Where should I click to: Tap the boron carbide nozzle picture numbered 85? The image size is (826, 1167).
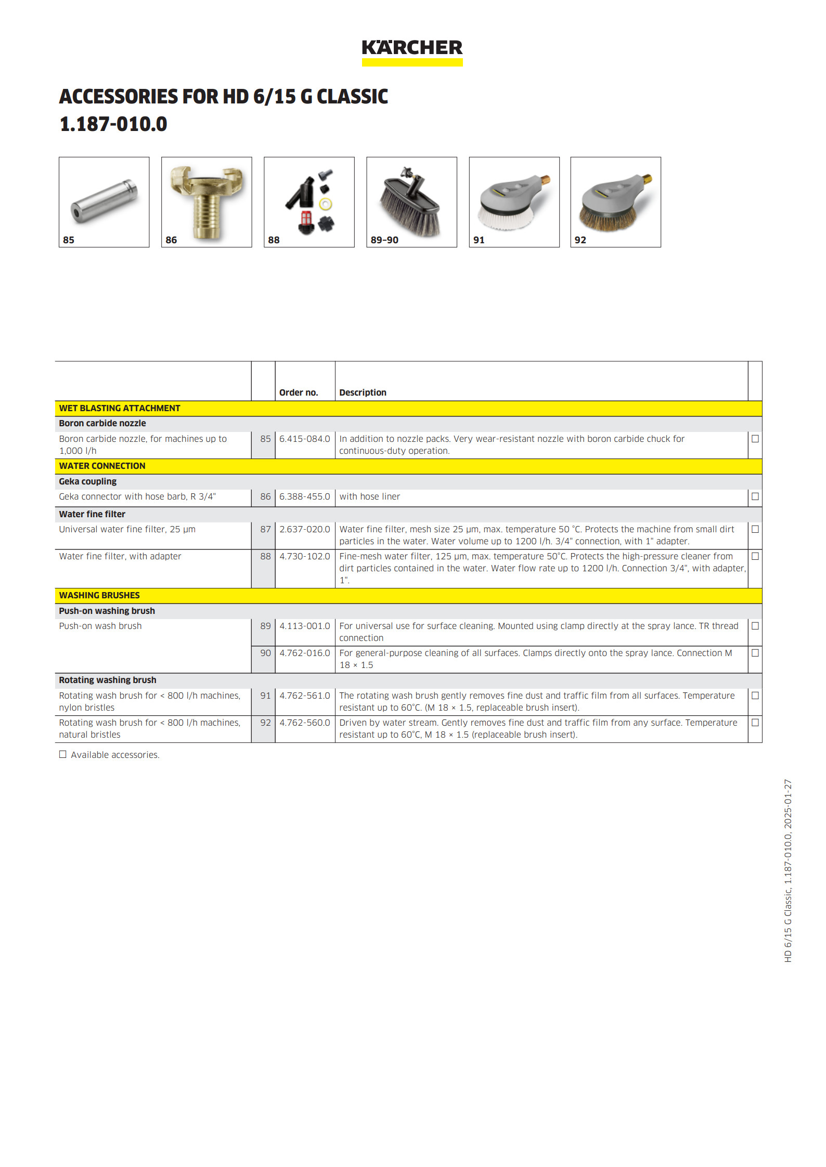click(x=104, y=202)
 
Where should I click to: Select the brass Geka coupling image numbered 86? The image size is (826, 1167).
click(x=206, y=202)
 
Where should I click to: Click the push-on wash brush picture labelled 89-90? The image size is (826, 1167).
click(x=411, y=202)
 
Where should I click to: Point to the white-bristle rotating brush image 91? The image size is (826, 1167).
click(x=514, y=202)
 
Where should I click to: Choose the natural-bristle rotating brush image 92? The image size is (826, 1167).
click(x=615, y=202)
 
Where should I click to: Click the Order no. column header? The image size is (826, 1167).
click(x=299, y=392)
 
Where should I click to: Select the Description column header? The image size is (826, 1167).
click(x=363, y=392)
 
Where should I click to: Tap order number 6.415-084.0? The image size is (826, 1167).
click(x=305, y=439)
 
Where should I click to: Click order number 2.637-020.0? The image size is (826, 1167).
click(x=305, y=529)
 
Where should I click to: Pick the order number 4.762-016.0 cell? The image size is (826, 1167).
click(x=305, y=653)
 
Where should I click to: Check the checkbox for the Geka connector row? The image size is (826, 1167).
click(x=755, y=496)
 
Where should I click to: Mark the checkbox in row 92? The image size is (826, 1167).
click(x=755, y=723)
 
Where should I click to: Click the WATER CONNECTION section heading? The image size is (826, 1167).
click(x=102, y=466)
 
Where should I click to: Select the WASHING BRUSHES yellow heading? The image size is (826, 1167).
click(x=99, y=595)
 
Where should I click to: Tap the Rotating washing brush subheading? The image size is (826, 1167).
click(x=108, y=680)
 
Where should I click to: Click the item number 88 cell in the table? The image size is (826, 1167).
click(x=265, y=556)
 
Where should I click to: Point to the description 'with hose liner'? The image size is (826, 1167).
click(x=370, y=496)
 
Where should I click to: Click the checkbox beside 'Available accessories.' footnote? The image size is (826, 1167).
click(x=63, y=754)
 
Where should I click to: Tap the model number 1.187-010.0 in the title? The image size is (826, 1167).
click(x=113, y=124)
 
